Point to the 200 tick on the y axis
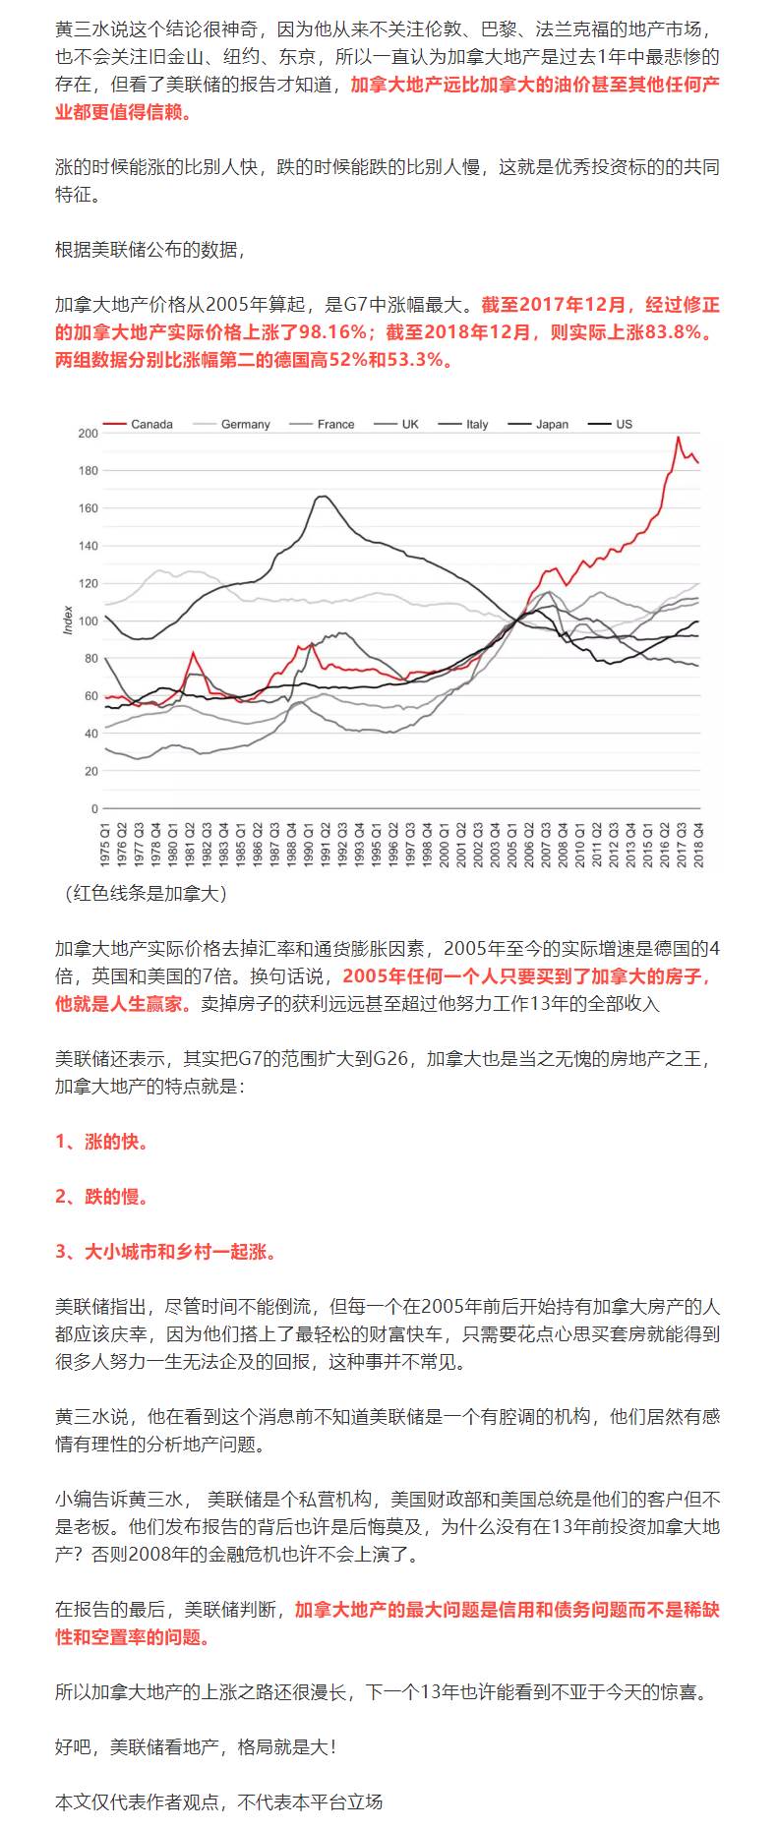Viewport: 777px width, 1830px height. [88, 434]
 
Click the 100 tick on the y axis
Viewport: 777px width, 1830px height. [88, 621]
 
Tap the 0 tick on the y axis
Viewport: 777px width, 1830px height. [94, 809]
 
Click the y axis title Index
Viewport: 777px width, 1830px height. [68, 620]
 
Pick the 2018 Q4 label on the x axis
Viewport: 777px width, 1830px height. [699, 842]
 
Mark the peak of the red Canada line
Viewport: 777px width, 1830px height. [678, 438]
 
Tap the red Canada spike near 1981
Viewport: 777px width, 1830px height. [193, 653]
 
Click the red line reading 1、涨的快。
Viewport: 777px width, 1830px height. [102, 1142]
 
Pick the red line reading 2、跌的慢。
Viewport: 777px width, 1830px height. [102, 1197]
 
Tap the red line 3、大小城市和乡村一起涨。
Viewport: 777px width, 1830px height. [166, 1252]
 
